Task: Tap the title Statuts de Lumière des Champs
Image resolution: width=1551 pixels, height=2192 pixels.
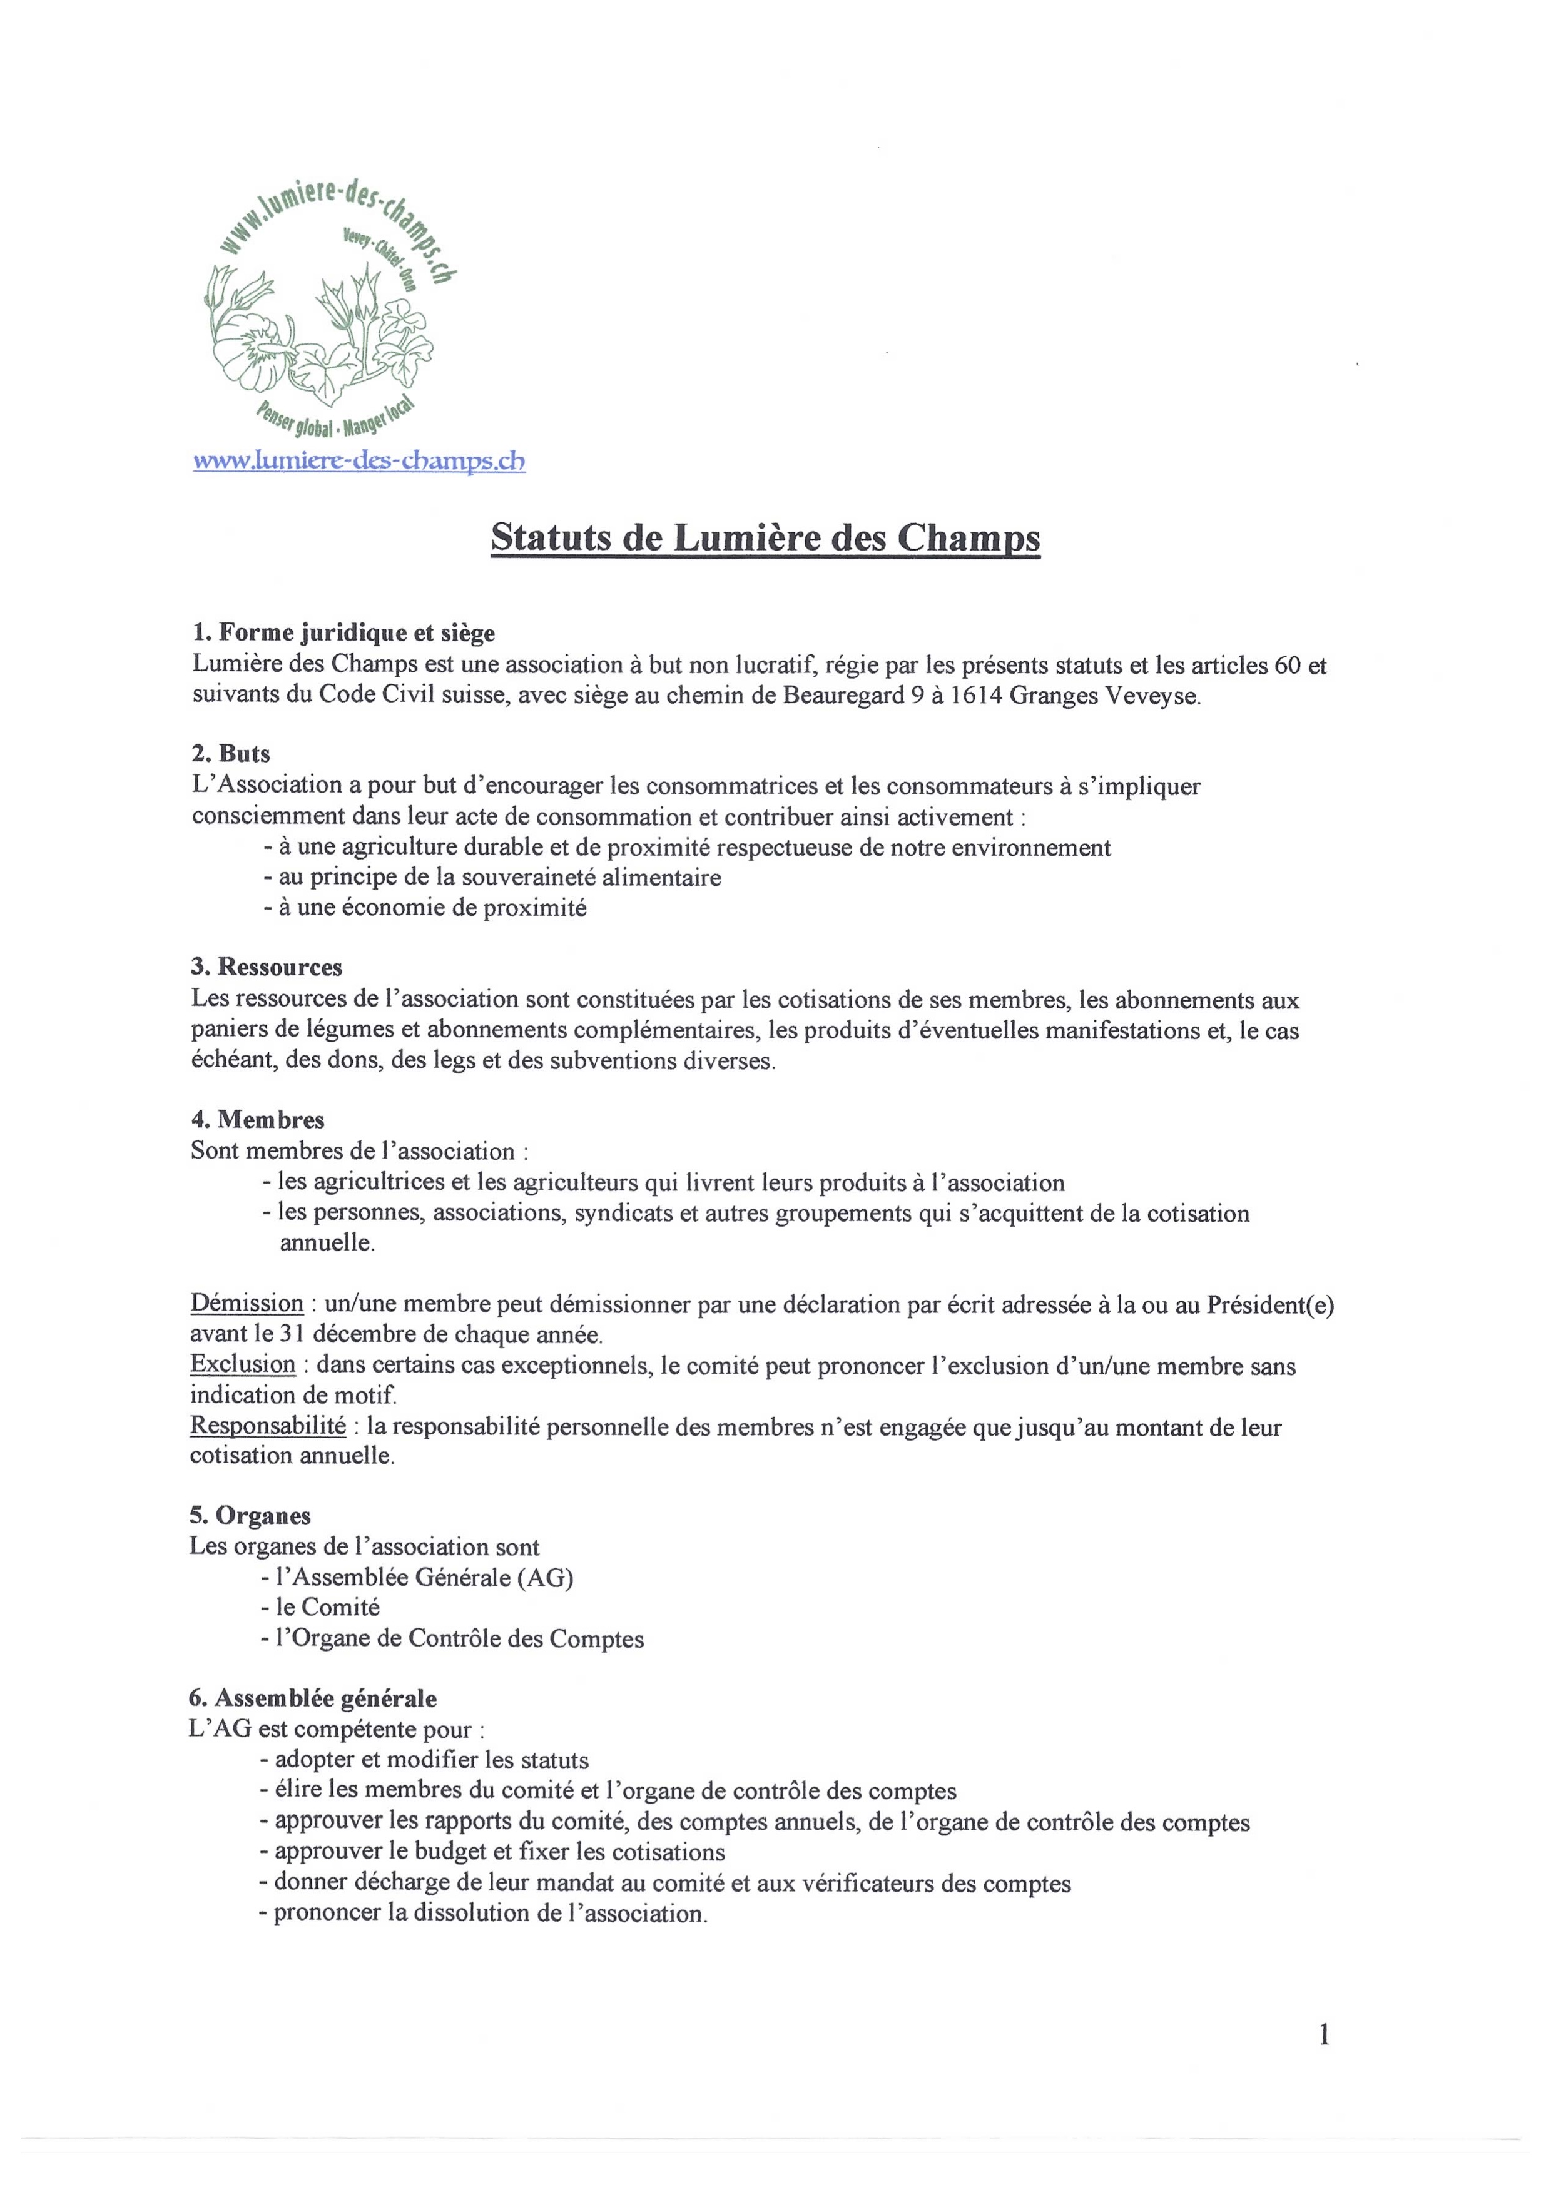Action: pyautogui.click(x=765, y=539)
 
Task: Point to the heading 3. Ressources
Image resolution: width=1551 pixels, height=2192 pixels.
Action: pyautogui.click(x=267, y=967)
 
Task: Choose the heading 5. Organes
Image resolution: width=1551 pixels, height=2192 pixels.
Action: pyautogui.click(x=250, y=1515)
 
